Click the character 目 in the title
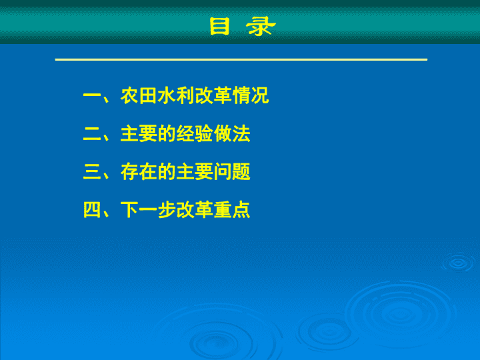[x=219, y=26]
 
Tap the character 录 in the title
[x=261, y=26]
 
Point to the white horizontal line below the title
[x=241, y=59]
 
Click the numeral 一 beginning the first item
[x=92, y=96]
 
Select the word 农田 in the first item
[x=139, y=95]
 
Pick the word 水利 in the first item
[x=176, y=95]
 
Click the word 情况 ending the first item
[x=251, y=95]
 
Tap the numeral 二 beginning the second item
[x=92, y=134]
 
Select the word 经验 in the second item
[x=195, y=133]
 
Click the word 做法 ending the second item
[x=232, y=133]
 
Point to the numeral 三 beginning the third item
[x=92, y=172]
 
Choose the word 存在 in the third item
[x=139, y=172]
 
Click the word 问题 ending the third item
[x=232, y=172]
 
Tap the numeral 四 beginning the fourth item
[x=92, y=210]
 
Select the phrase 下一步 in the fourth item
[x=148, y=210]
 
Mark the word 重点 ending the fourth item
[x=232, y=210]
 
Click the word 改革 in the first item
[x=213, y=95]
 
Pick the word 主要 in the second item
[x=139, y=133]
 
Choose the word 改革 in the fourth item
[x=195, y=210]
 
